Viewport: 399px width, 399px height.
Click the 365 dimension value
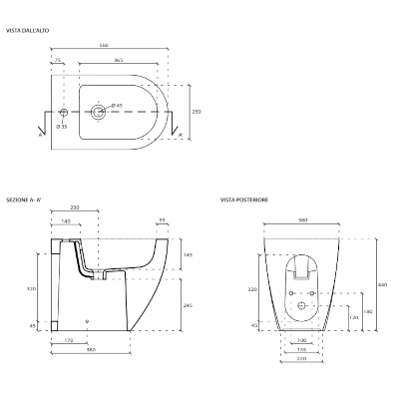pyautogui.click(x=119, y=62)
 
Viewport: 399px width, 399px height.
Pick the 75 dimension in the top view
pyautogui.click(x=59, y=62)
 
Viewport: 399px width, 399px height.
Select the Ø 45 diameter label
pyautogui.click(x=116, y=105)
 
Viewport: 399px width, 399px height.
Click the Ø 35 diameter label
pyautogui.click(x=62, y=127)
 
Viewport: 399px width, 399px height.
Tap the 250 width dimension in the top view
pyautogui.click(x=197, y=112)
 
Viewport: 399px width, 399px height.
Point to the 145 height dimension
pyautogui.click(x=189, y=256)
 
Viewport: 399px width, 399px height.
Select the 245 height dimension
pyautogui.click(x=189, y=306)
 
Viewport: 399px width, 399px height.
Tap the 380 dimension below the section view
pyautogui.click(x=90, y=350)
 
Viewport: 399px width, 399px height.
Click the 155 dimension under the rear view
pyautogui.click(x=301, y=350)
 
